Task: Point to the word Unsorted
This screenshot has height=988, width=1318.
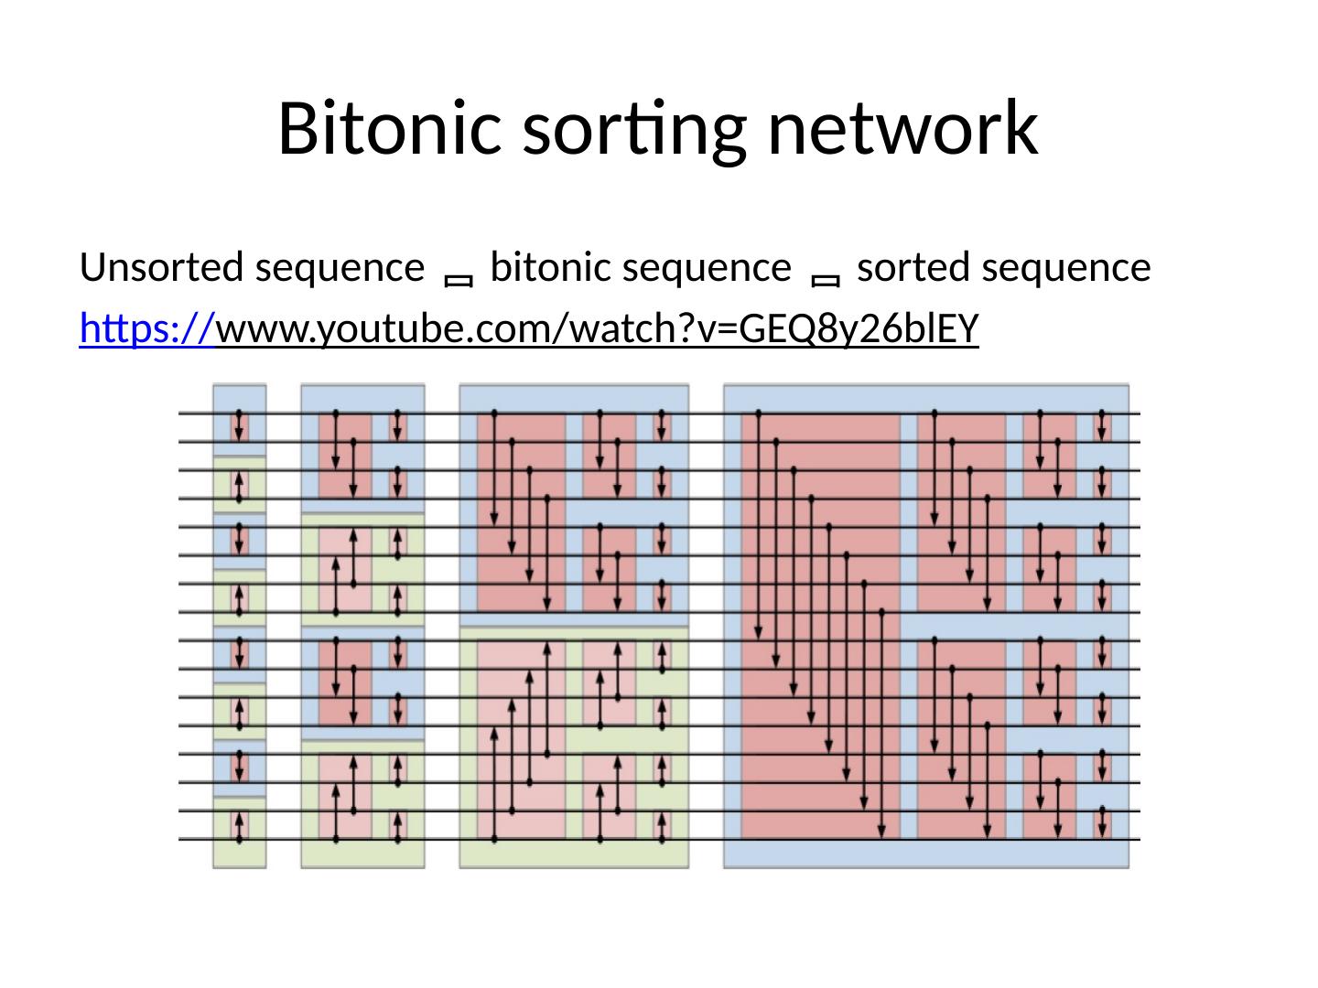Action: pos(161,268)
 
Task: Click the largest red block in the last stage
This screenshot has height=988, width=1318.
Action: pos(820,627)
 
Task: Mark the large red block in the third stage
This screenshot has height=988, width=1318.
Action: pos(520,512)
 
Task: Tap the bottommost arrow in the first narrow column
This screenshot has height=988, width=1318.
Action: pos(239,825)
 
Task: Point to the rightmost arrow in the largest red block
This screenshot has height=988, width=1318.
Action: pos(881,723)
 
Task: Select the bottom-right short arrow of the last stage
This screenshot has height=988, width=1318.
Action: pos(1102,825)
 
